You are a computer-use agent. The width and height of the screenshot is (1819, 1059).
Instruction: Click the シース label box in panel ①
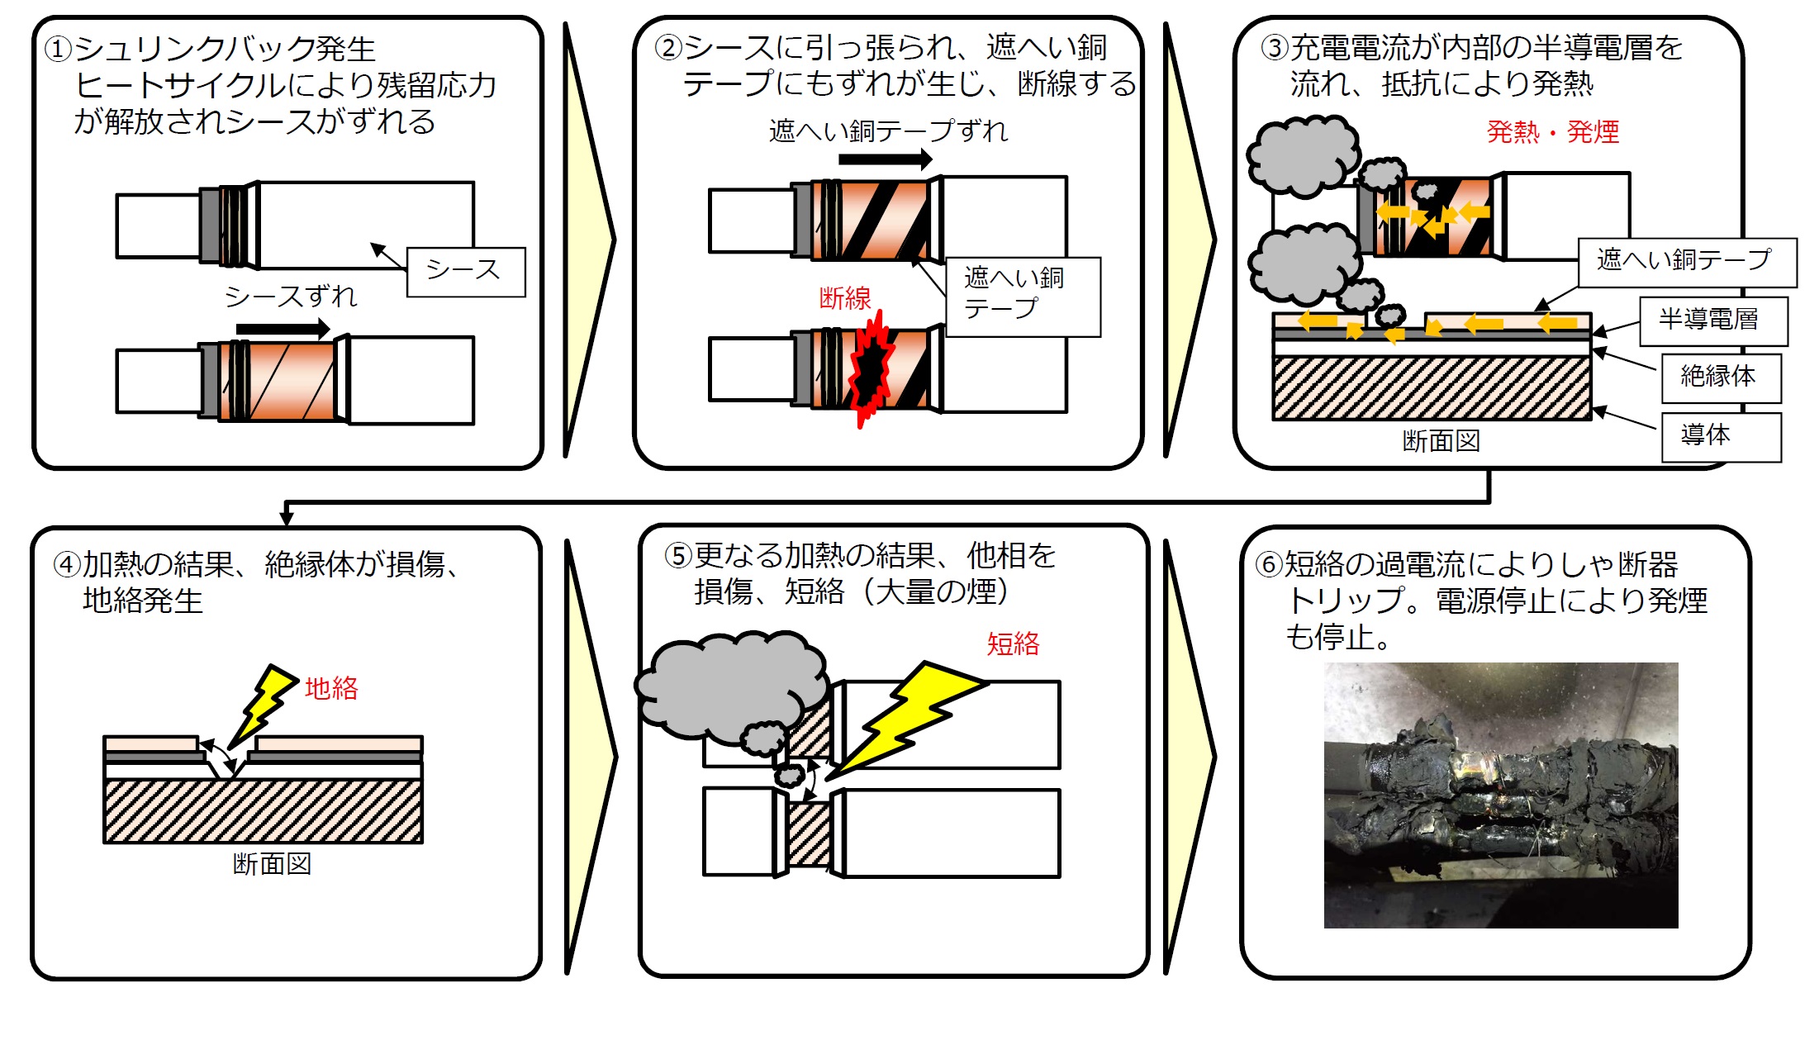tap(466, 272)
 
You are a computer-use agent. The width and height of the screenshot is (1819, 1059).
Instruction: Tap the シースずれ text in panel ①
tap(291, 297)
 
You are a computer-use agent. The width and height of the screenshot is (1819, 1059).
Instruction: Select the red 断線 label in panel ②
tap(844, 298)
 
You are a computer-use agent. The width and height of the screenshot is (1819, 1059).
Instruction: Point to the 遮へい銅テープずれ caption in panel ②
tap(888, 131)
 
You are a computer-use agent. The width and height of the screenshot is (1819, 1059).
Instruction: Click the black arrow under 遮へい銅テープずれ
tap(885, 159)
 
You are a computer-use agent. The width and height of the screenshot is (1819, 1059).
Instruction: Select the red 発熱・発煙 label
tap(1552, 132)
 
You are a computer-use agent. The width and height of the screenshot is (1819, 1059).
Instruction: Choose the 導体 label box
tap(1721, 437)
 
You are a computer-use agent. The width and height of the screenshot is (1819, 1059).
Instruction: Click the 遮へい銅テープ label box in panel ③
tap(1686, 262)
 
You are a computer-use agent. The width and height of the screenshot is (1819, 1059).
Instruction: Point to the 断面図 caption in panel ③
tap(1441, 441)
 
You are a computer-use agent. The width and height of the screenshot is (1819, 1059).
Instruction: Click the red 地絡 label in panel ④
tap(331, 688)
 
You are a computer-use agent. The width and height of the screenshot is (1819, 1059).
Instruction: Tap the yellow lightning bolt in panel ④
tap(263, 705)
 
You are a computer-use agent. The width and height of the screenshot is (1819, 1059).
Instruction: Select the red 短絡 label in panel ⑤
tap(1013, 643)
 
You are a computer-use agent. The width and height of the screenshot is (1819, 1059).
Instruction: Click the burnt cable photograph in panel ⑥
tap(1500, 795)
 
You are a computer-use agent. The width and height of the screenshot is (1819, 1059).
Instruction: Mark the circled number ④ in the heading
tap(67, 565)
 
